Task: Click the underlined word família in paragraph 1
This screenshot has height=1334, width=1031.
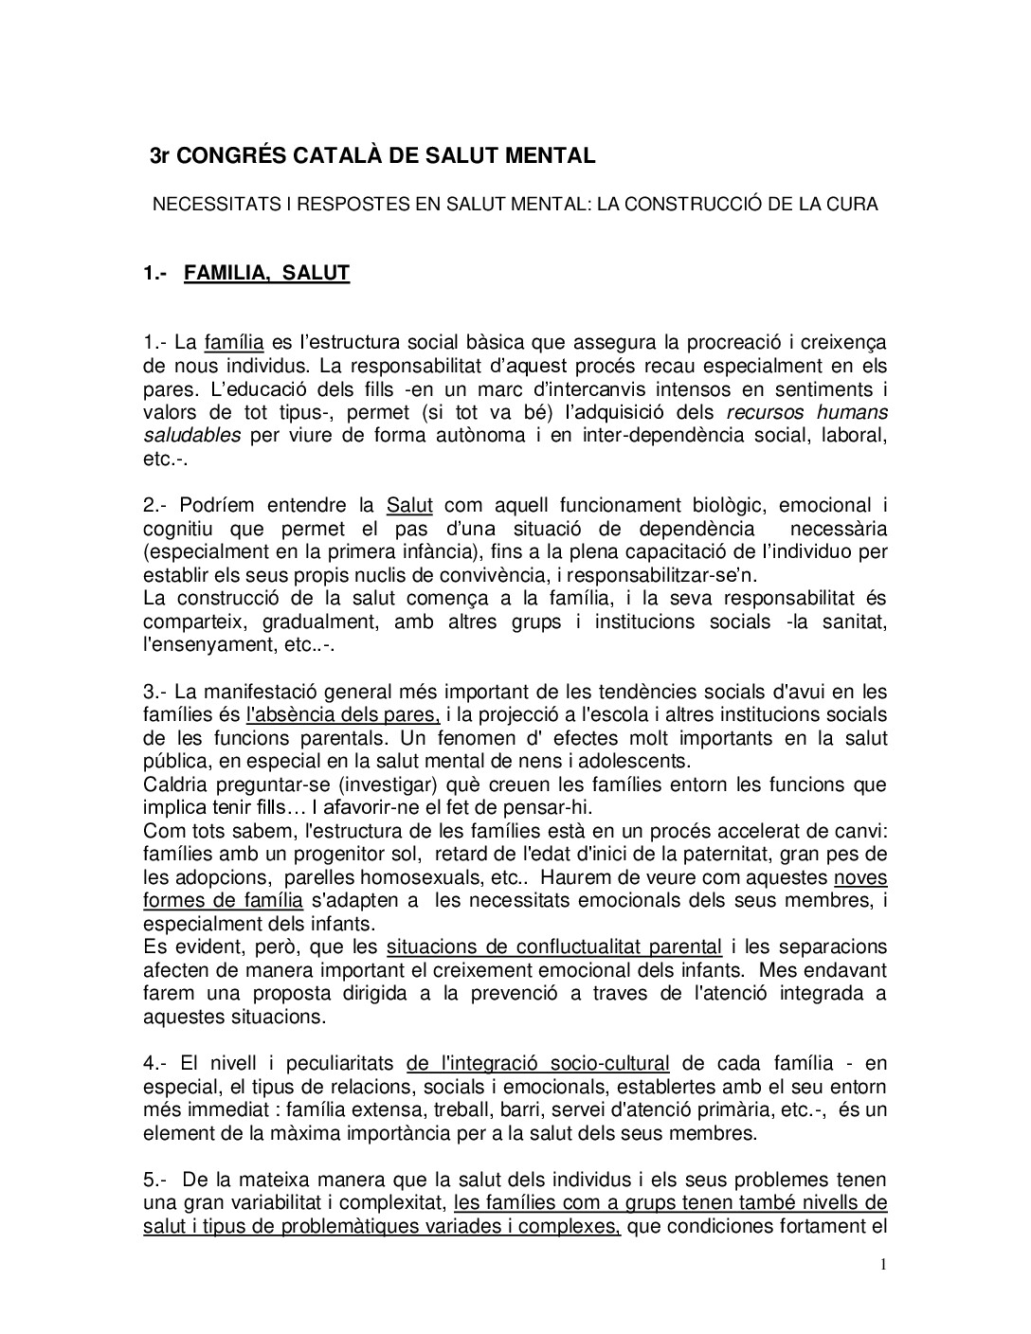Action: tap(234, 342)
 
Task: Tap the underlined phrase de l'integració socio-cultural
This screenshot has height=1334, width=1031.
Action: tap(538, 1063)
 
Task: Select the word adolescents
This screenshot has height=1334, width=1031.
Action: tap(592, 760)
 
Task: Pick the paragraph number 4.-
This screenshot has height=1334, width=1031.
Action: tap(155, 1063)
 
